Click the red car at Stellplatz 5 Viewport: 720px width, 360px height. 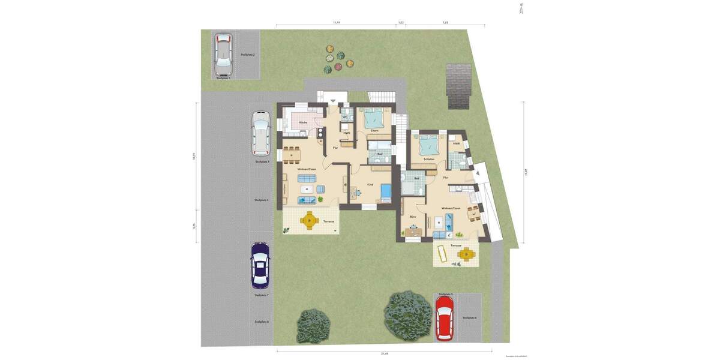click(x=445, y=317)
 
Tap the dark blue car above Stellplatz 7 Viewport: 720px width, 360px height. click(x=260, y=263)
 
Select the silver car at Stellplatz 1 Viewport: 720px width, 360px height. click(x=223, y=52)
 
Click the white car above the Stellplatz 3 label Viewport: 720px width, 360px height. click(x=261, y=133)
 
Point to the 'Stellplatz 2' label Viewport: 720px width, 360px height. click(x=247, y=55)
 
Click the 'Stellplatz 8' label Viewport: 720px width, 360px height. click(x=262, y=322)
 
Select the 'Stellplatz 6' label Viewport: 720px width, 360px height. click(x=469, y=317)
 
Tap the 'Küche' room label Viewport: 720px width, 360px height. click(x=303, y=122)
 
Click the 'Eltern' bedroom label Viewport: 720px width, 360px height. click(x=374, y=131)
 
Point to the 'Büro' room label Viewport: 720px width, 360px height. click(x=413, y=216)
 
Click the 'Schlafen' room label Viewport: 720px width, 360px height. click(x=428, y=159)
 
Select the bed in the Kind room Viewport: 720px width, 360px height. click(x=386, y=193)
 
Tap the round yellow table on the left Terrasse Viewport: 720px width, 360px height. click(x=309, y=220)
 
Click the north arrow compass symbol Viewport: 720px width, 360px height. click(x=521, y=8)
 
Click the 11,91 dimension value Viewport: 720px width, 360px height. click(x=337, y=22)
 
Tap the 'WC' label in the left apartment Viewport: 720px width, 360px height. click(x=344, y=117)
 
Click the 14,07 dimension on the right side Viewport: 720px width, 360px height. click(x=526, y=172)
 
